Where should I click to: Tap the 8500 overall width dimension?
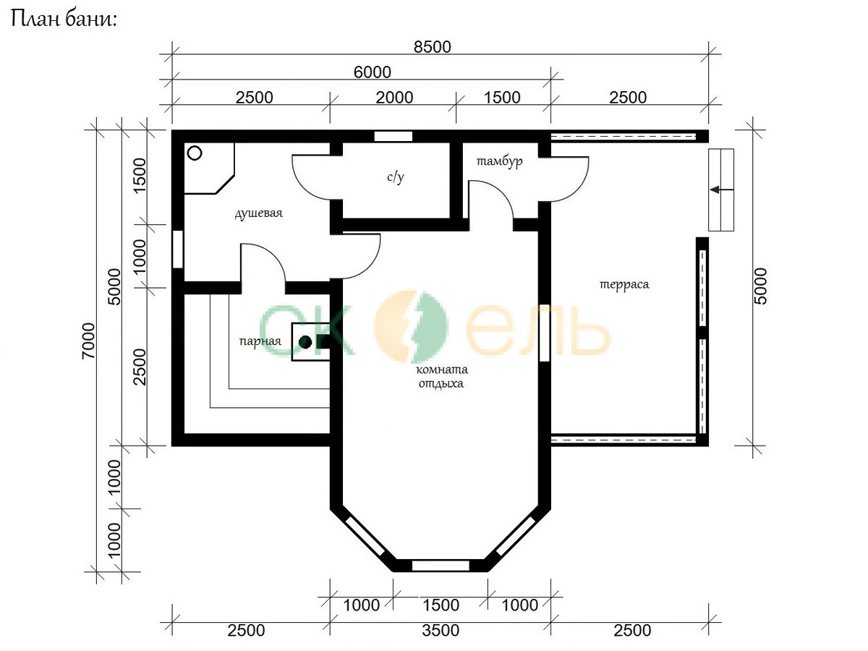coord(433,47)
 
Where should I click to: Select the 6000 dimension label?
coord(372,72)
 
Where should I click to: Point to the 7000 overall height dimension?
coord(88,341)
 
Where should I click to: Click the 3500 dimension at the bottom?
coord(441,631)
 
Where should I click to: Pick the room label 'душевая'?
coord(259,213)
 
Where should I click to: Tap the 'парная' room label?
coord(260,341)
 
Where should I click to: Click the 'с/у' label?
coord(396,177)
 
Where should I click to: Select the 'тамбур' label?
coord(499,161)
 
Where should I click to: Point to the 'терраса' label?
coord(624,284)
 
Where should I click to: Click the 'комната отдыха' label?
coord(442,376)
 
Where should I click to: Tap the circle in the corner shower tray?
coord(195,153)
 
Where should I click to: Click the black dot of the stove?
coord(305,342)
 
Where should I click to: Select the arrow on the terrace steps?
coord(722,190)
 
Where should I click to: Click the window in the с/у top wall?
coord(393,137)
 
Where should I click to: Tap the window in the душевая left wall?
coord(178,249)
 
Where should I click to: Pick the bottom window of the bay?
coord(441,566)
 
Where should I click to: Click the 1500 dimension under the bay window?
coord(441,605)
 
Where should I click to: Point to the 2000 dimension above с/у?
coord(394,98)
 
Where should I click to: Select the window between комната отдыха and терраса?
coord(545,333)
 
